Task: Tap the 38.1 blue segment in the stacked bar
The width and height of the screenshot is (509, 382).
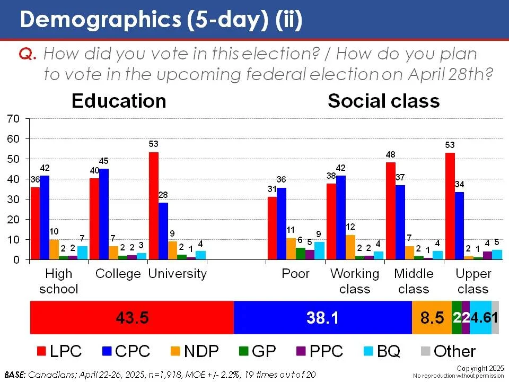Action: pos(322,317)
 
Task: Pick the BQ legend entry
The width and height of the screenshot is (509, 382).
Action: pos(384,351)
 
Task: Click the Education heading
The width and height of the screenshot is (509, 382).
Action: pos(119,101)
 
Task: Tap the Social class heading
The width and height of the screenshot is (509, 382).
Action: pos(383,101)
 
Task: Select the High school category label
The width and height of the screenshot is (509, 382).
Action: pos(58,281)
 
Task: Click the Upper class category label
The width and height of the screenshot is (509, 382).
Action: pos(473,281)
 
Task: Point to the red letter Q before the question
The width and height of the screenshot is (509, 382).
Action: pos(28,54)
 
